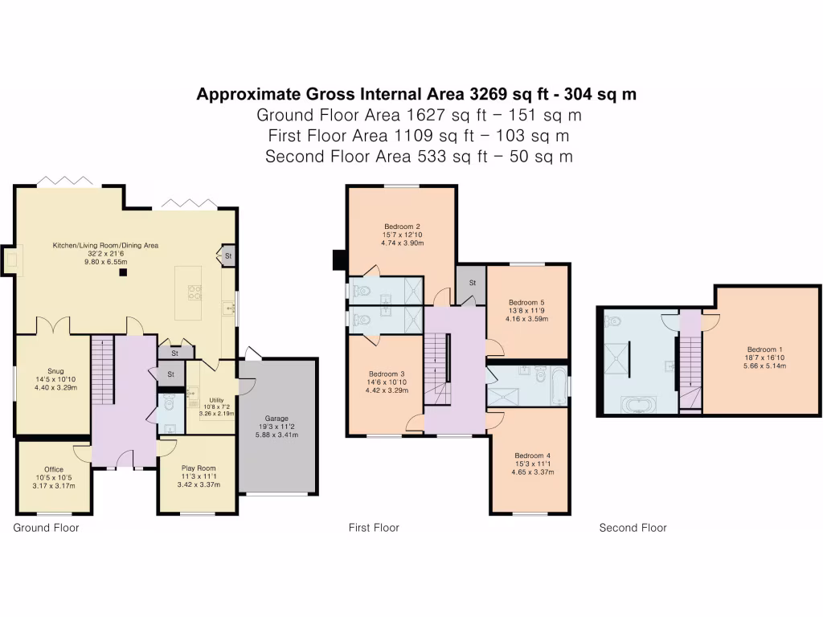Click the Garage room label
click(x=276, y=419)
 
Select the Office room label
click(x=54, y=469)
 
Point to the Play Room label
click(x=197, y=468)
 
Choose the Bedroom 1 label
click(x=763, y=349)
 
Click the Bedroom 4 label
click(x=534, y=455)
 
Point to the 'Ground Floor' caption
click(x=46, y=528)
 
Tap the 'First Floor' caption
click(x=374, y=528)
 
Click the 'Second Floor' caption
click(x=633, y=528)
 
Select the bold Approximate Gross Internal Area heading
click(x=416, y=94)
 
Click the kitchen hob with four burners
click(x=194, y=293)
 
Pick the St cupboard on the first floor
click(x=472, y=283)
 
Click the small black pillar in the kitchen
click(x=123, y=273)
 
